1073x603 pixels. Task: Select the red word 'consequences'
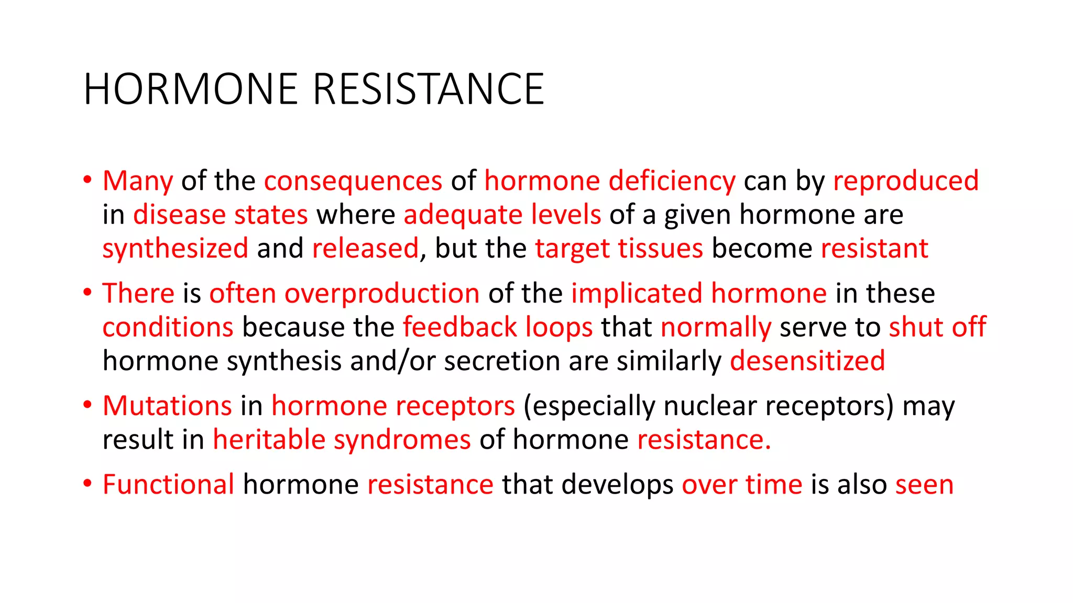(353, 181)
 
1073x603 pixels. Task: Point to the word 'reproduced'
(906, 181)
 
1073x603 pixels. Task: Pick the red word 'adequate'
(462, 215)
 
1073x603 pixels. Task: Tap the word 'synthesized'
(175, 249)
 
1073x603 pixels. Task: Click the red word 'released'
(365, 249)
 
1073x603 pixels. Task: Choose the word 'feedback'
(459, 327)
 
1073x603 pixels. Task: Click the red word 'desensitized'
(807, 361)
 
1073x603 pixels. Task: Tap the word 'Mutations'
(167, 406)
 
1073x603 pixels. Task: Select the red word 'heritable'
(269, 440)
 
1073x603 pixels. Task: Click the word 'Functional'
(168, 485)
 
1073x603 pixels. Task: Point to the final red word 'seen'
(924, 485)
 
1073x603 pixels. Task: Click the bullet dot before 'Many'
(87, 180)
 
